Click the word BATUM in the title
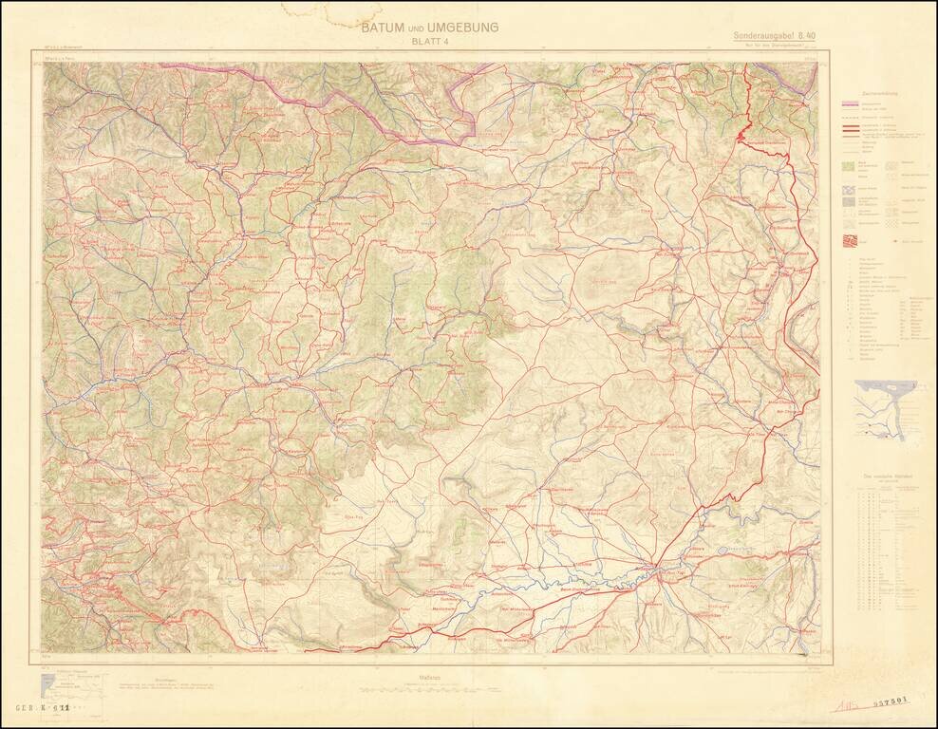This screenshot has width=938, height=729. (x=384, y=28)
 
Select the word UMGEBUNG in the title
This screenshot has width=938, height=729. (x=463, y=28)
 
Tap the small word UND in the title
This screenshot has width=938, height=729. (x=418, y=29)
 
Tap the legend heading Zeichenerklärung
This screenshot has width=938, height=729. (x=879, y=93)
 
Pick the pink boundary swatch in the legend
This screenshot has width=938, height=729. (x=851, y=106)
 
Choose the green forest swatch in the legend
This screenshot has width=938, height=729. (x=850, y=165)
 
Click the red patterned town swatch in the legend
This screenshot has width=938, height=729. (x=850, y=240)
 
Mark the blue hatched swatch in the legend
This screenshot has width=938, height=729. (x=850, y=201)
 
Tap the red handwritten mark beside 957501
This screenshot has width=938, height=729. (x=847, y=705)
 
